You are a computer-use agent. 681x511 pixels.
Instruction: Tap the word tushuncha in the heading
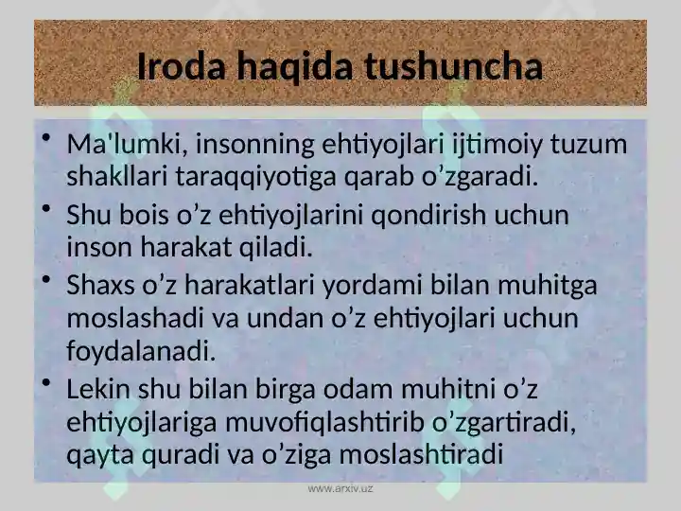[x=453, y=66]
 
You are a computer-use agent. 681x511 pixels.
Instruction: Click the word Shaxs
[x=100, y=286]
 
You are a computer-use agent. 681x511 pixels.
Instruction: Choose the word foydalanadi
[x=141, y=351]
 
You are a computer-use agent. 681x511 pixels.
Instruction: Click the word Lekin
[x=98, y=389]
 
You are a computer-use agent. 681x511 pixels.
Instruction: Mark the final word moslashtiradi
[x=421, y=454]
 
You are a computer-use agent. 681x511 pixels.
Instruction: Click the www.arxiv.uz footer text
[x=340, y=488]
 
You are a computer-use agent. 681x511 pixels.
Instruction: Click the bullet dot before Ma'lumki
[x=47, y=138]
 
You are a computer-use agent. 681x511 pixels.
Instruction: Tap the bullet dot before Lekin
[x=47, y=383]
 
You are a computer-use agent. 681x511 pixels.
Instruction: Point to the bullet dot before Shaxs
[x=47, y=280]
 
